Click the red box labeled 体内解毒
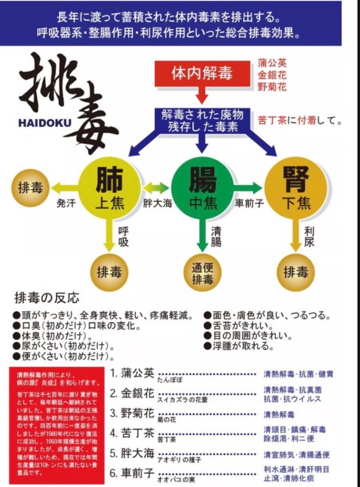tap(202, 73)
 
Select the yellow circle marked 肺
tap(109, 189)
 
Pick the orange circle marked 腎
tap(296, 189)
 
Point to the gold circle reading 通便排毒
tap(202, 273)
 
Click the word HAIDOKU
tap(45, 123)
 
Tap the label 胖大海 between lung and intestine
tap(157, 203)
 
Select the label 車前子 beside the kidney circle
tap(249, 203)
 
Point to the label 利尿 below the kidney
tap(309, 237)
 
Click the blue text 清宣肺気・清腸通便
tap(296, 455)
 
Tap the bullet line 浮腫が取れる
tap(239, 346)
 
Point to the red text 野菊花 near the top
tap(272, 86)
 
